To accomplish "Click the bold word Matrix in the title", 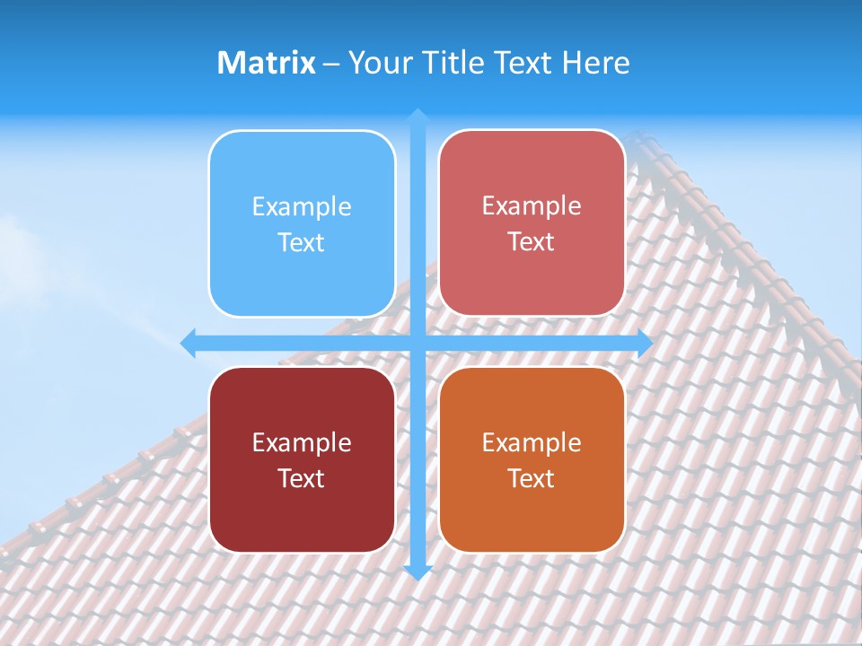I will (267, 63).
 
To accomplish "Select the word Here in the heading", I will (595, 63).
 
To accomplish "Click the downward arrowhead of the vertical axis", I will (418, 572).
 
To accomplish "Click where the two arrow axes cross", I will (418, 343).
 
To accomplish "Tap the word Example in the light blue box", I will (302, 207).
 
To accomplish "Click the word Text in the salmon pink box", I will (532, 242).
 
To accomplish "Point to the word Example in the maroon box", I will (302, 442).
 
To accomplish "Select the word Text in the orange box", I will (532, 478).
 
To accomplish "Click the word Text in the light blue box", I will (302, 243).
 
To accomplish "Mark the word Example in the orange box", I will (532, 442).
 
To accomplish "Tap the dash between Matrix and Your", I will (331, 64).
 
